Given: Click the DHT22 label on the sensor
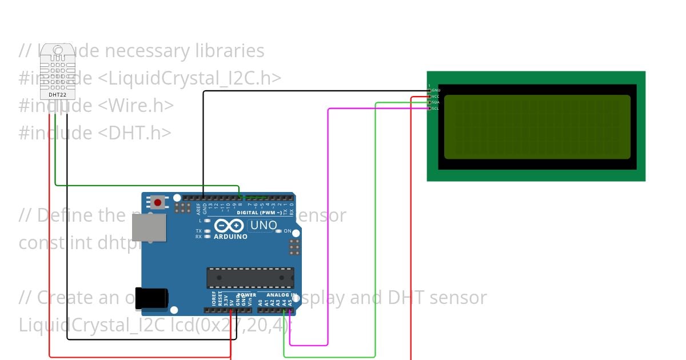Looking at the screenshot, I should (57, 94).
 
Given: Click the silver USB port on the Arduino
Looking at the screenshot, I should (149, 227).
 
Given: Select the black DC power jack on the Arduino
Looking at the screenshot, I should (151, 297).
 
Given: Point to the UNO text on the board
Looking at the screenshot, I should (264, 225).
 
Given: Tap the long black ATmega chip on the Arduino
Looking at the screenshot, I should (250, 278).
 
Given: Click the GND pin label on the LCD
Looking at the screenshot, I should (436, 90).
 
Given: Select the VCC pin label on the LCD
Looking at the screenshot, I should (435, 97).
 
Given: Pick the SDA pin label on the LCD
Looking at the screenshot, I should (435, 102).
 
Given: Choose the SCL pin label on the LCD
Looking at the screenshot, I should (435, 108).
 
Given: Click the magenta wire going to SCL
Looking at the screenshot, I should (328, 229).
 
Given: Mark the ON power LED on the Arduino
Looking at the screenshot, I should (279, 231).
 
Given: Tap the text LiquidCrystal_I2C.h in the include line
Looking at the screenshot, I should (189, 78).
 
